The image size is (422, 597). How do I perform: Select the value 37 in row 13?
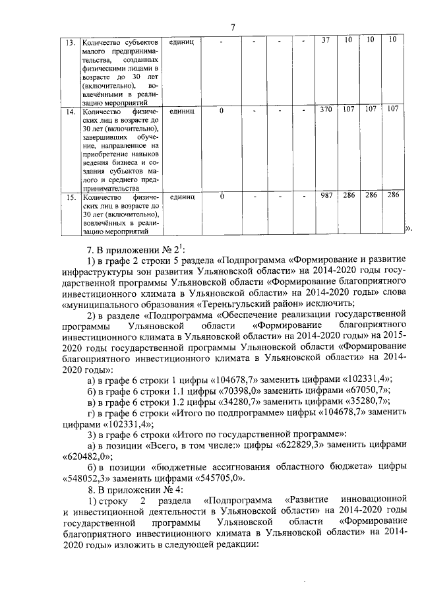[x=325, y=41]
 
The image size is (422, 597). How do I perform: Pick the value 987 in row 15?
[x=325, y=196]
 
